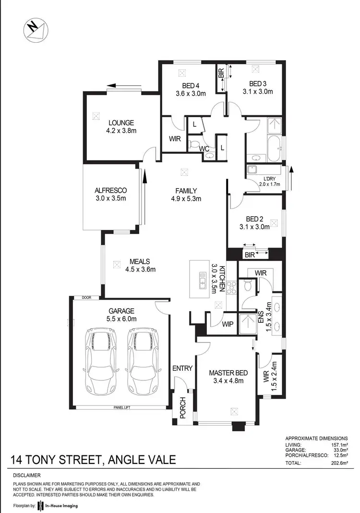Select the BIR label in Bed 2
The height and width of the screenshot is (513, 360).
coord(250,255)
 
